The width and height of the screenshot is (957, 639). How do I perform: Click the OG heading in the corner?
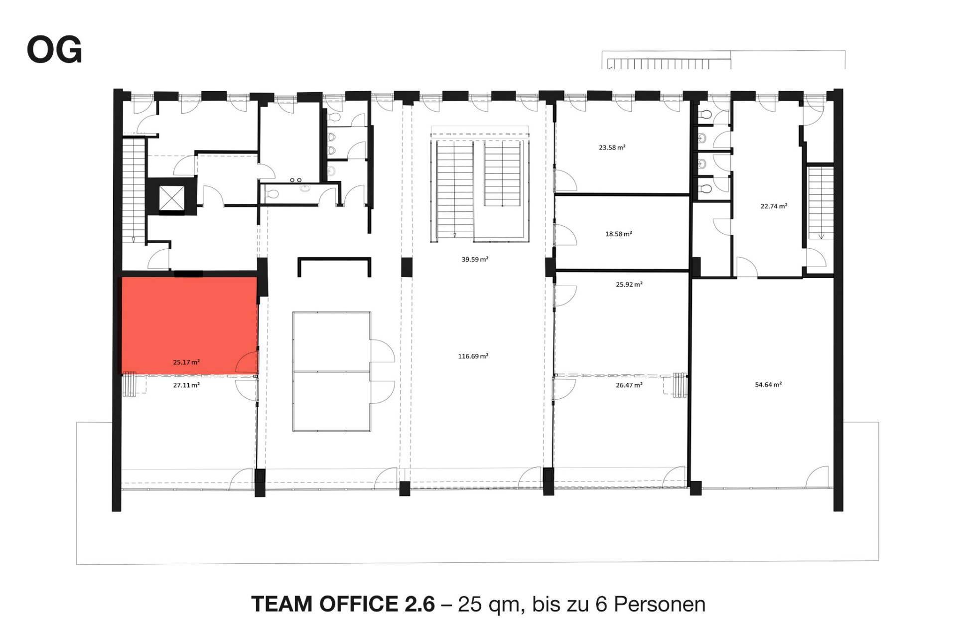[x=54, y=50]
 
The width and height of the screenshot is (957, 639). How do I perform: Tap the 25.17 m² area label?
[x=186, y=362]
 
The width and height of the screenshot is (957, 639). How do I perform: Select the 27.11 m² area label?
[x=186, y=385]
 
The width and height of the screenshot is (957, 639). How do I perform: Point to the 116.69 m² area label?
[x=473, y=356]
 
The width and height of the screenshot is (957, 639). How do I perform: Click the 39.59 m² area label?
[x=475, y=259]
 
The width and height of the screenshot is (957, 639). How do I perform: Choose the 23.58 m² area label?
[x=612, y=148]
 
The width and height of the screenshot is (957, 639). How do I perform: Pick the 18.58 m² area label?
[x=619, y=234]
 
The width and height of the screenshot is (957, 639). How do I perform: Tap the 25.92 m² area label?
[x=629, y=285]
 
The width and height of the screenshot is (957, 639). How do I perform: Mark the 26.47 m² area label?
[x=629, y=385]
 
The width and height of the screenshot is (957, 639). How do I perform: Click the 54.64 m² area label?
[x=768, y=384]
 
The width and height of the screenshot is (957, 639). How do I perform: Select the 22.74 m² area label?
[x=774, y=206]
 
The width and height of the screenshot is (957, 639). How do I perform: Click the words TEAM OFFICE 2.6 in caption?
[x=343, y=604]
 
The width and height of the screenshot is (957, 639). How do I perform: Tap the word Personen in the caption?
[x=660, y=604]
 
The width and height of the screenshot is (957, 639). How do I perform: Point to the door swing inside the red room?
[x=248, y=362]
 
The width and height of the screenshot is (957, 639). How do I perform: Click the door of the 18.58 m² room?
[x=565, y=235]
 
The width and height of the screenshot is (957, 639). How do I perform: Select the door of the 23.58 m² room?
[x=565, y=180]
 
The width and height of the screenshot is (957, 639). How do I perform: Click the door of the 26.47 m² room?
[x=564, y=389]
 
